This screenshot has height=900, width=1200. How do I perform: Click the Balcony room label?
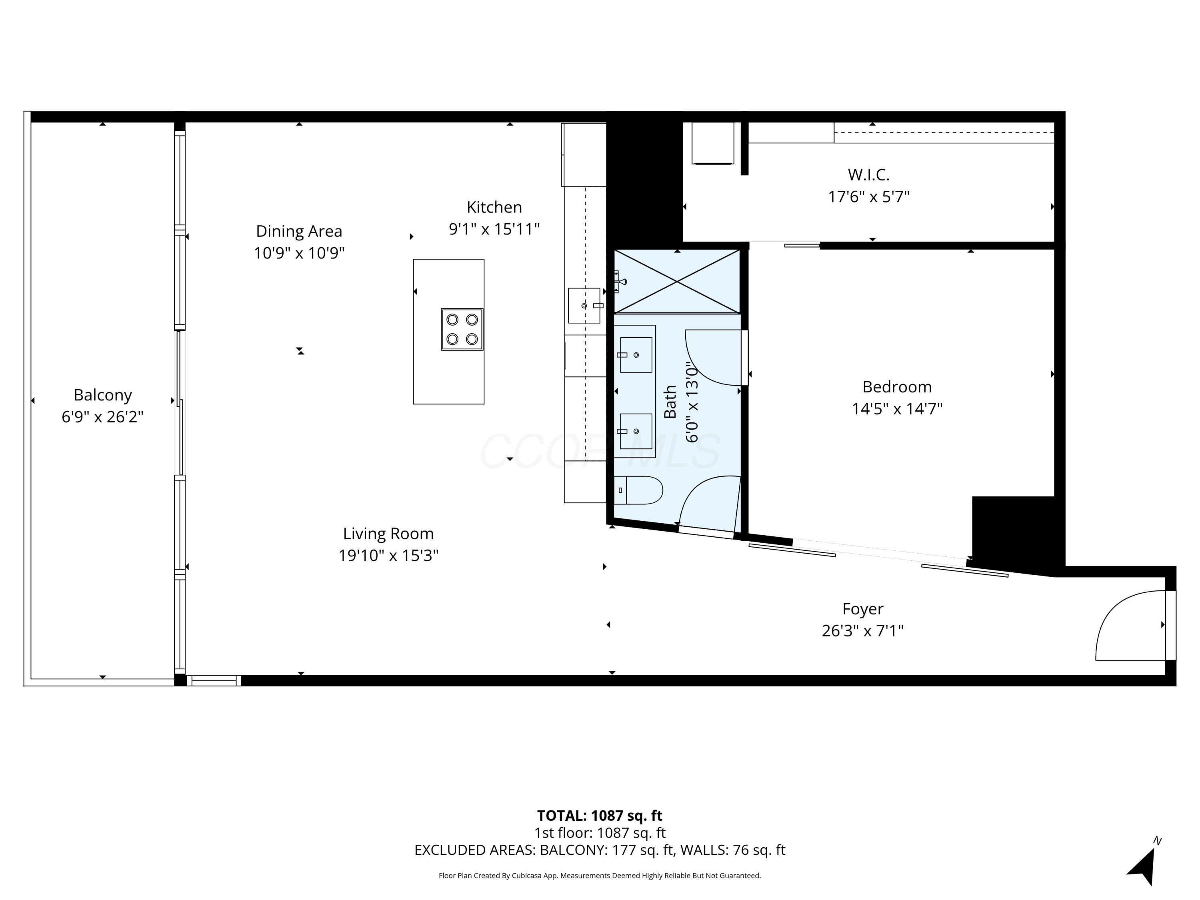tap(102, 395)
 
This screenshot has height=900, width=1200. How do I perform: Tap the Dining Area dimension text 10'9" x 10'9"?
tap(299, 253)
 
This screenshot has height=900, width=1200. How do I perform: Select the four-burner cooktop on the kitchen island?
tap(462, 329)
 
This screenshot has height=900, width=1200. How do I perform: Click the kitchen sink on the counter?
tap(584, 306)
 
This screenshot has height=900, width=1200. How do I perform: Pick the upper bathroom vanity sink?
tap(636, 355)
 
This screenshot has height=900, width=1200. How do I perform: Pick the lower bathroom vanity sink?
tap(636, 431)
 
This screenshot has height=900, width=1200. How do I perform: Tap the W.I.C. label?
tap(868, 175)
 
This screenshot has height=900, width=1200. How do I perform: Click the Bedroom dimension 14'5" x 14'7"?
tap(897, 408)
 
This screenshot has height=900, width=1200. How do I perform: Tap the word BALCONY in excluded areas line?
tap(572, 850)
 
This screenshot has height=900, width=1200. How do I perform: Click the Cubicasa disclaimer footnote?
tap(600, 876)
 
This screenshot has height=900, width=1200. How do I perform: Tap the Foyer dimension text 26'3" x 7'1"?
tap(862, 631)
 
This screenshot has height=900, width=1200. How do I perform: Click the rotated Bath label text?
tap(670, 402)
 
